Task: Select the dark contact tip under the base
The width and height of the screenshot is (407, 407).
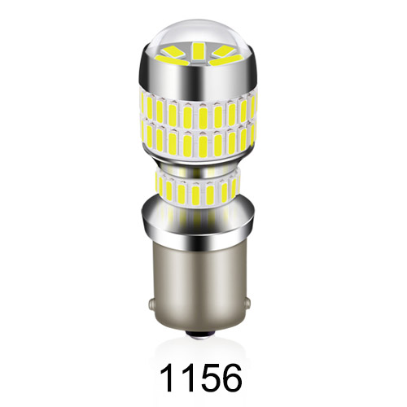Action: coord(203,334)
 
